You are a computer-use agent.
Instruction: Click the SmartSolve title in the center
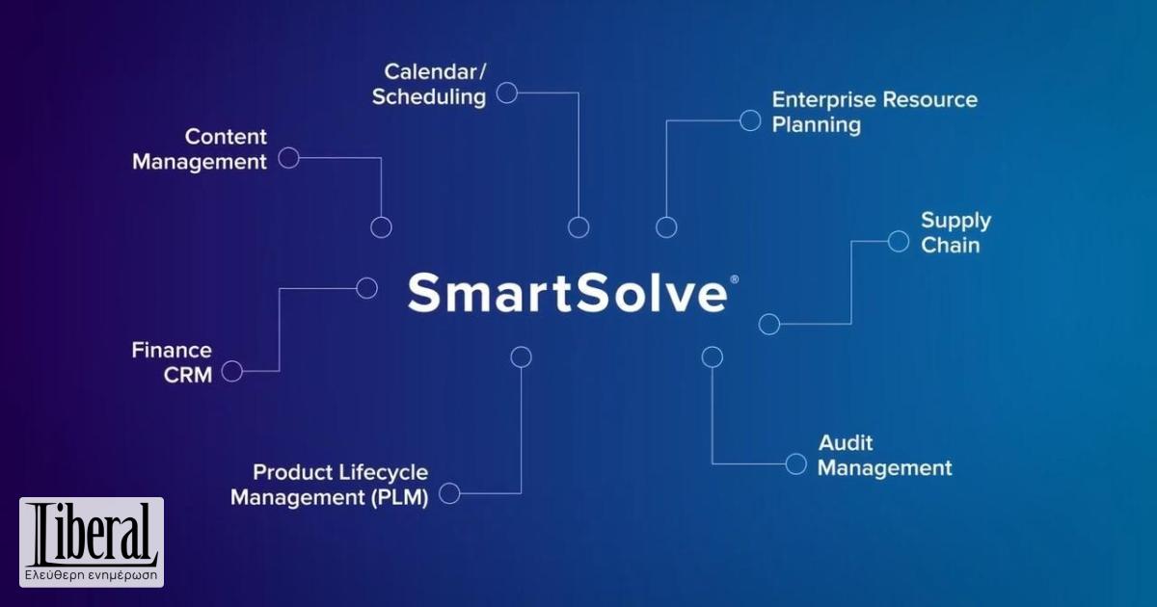point(567,292)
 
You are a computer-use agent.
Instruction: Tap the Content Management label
point(200,149)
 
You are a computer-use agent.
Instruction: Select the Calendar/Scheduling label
point(429,84)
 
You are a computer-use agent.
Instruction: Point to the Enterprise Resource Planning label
point(874,112)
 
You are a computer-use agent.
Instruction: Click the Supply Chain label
point(955,232)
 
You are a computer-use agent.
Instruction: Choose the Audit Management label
point(884,455)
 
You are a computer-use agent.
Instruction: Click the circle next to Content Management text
point(288,158)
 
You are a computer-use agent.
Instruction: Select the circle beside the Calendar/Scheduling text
point(506,92)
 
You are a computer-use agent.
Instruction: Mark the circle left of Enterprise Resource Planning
point(750,120)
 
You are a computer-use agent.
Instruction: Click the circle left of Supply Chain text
point(898,241)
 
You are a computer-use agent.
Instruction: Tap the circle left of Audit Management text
point(795,464)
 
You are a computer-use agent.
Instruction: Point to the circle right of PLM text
point(449,494)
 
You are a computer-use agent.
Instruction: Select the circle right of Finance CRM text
point(231,371)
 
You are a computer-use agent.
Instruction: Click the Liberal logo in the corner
point(92,536)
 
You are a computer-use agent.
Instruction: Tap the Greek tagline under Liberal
point(92,576)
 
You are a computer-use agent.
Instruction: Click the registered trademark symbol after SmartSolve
point(735,279)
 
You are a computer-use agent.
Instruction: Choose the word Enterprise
point(822,99)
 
